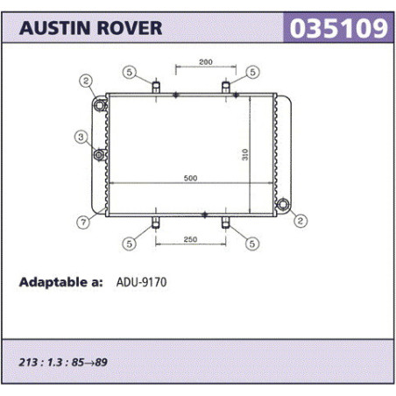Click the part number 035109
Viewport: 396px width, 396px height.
pyautogui.click(x=338, y=28)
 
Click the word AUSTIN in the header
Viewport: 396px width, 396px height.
pyautogui.click(x=54, y=28)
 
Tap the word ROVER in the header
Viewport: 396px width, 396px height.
pyautogui.click(x=130, y=28)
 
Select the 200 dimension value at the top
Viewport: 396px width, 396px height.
pyautogui.click(x=206, y=62)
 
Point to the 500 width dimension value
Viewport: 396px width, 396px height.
pyautogui.click(x=190, y=178)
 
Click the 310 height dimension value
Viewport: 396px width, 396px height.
pyautogui.click(x=245, y=154)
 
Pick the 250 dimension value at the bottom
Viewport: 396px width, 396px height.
pyautogui.click(x=190, y=239)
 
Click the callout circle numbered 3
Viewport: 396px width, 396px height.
pyautogui.click(x=81, y=137)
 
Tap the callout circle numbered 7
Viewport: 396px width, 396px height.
pyautogui.click(x=83, y=223)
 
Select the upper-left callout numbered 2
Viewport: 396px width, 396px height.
pyautogui.click(x=86, y=81)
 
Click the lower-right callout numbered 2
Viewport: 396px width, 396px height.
pyautogui.click(x=301, y=221)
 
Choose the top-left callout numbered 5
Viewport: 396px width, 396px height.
pyautogui.click(x=130, y=72)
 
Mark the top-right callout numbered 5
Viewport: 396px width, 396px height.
pyautogui.click(x=252, y=72)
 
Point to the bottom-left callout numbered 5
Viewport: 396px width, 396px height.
pyautogui.click(x=129, y=244)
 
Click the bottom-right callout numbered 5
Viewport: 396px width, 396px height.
pyautogui.click(x=252, y=244)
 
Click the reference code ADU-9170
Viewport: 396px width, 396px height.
pyautogui.click(x=141, y=282)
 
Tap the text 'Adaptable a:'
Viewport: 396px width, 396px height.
pyautogui.click(x=60, y=282)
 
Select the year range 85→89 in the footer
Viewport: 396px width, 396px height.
pyautogui.click(x=89, y=362)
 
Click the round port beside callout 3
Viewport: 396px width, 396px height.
pyautogui.click(x=99, y=155)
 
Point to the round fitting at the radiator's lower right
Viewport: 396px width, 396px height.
pyautogui.click(x=283, y=204)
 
